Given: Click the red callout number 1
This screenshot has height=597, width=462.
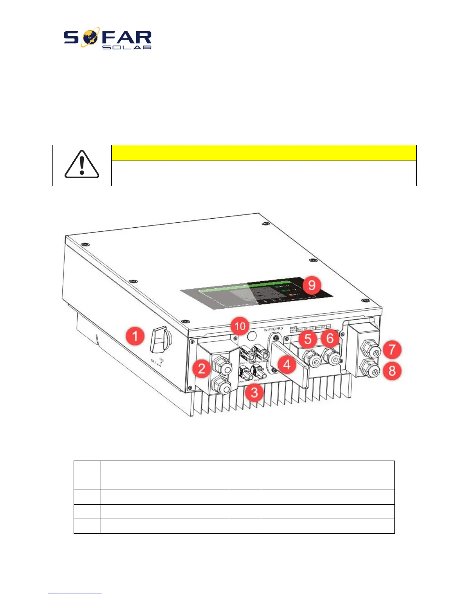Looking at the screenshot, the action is pos(135,336).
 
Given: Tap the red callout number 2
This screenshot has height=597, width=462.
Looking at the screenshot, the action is pos(202,368).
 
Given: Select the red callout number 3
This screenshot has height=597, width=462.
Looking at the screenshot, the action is pos(254,392).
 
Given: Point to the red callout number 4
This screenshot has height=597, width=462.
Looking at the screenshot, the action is pos(287,364).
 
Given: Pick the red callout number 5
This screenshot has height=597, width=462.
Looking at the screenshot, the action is pos(308,338).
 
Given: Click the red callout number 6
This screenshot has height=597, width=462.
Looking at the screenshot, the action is pos(330,338).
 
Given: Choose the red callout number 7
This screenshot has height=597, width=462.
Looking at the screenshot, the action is pos(392,349).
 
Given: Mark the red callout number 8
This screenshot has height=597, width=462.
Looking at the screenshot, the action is pos(392,370).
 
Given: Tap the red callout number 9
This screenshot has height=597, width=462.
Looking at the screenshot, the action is pos(312,285).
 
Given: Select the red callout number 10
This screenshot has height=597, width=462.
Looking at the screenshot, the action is pos(240,326).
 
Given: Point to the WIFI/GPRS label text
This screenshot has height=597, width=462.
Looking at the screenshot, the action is pos(273,329).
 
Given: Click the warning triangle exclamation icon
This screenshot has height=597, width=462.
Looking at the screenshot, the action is pos(82,165).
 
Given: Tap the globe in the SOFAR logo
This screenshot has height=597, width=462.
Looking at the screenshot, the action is pos(91,37).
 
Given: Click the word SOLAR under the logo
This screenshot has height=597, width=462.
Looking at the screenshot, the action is pos(127,47).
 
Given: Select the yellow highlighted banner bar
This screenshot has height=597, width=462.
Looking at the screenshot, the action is pos(263,153).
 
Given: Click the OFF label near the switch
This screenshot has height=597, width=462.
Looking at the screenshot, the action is pos(154,361).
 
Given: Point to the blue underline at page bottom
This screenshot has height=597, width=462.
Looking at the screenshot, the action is pos(75,594).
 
